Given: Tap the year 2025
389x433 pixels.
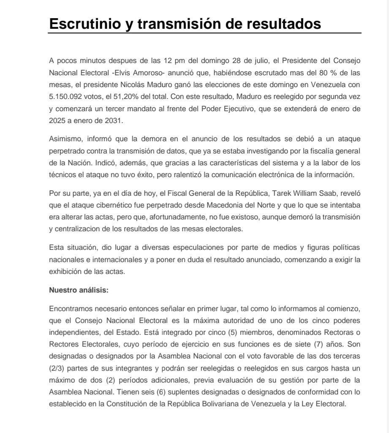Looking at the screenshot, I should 57,120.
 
